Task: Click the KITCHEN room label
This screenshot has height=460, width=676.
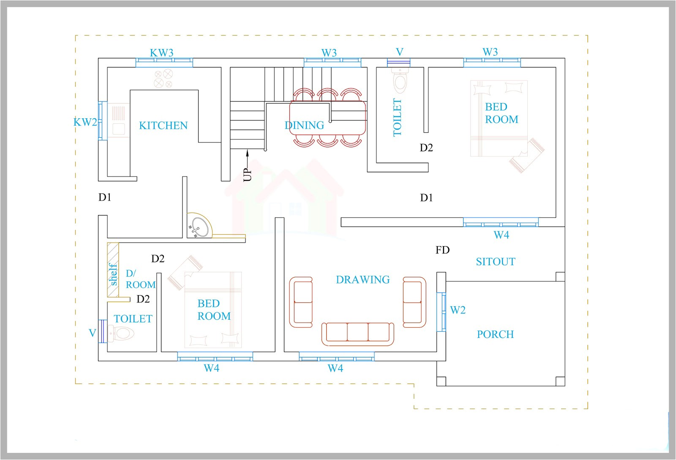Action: [x=163, y=125]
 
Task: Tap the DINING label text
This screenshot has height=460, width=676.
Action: [x=304, y=125]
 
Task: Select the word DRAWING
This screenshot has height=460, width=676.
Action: [x=363, y=280]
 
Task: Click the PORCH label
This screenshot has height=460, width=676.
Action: [x=495, y=335]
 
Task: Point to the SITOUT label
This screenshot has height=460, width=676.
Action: [x=495, y=262]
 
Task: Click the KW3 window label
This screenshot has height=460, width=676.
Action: [x=162, y=53]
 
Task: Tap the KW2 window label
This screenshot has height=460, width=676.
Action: [x=85, y=122]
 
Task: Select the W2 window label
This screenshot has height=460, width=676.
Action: [x=458, y=310]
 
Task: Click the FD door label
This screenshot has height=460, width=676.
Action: [x=442, y=250]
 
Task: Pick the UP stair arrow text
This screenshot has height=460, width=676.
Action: [x=248, y=174]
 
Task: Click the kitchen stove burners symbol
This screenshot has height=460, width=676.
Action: [x=163, y=78]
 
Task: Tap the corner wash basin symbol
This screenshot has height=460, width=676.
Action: [x=199, y=226]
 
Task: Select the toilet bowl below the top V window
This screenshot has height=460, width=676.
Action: [x=400, y=82]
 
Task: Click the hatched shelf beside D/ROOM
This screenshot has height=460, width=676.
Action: [x=113, y=270]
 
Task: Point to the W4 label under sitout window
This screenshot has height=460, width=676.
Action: [x=501, y=235]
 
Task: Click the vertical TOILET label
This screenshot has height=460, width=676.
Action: [x=397, y=117]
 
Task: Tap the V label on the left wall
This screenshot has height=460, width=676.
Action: [x=92, y=333]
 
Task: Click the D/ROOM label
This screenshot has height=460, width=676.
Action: [x=140, y=279]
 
